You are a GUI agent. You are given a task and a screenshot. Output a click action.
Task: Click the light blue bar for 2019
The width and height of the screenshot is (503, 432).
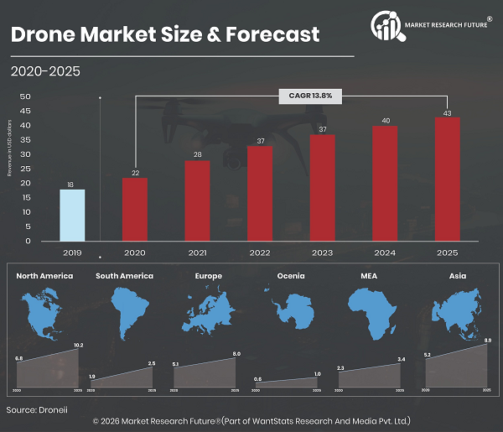click(72, 215)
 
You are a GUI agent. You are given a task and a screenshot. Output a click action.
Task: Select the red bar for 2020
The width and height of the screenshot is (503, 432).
click(134, 209)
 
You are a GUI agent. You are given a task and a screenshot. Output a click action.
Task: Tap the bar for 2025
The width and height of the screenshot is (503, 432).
click(447, 179)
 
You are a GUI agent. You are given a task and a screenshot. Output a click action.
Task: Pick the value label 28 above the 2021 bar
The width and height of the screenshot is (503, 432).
click(198, 154)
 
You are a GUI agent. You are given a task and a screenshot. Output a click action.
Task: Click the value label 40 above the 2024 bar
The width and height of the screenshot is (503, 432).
click(385, 120)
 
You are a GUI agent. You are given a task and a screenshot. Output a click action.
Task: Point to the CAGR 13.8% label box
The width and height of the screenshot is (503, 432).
click(311, 96)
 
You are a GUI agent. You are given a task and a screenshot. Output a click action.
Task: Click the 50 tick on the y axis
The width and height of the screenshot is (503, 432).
click(25, 96)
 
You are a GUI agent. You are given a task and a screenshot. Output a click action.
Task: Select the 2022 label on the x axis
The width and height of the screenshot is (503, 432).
click(260, 252)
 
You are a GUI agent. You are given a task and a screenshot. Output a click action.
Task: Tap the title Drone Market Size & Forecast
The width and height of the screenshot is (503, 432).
click(164, 34)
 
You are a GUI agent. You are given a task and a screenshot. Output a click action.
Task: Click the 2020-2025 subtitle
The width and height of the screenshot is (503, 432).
click(45, 71)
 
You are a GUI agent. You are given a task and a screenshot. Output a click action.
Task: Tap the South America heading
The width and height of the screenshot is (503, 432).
click(124, 275)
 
